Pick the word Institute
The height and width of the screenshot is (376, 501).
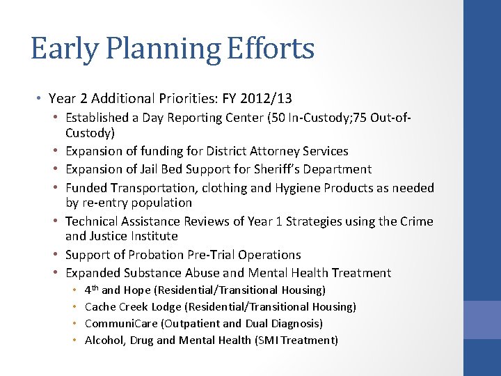click(x=154, y=236)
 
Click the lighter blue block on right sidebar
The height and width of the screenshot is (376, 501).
click(x=482, y=320)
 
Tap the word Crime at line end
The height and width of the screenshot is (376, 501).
click(x=417, y=221)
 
